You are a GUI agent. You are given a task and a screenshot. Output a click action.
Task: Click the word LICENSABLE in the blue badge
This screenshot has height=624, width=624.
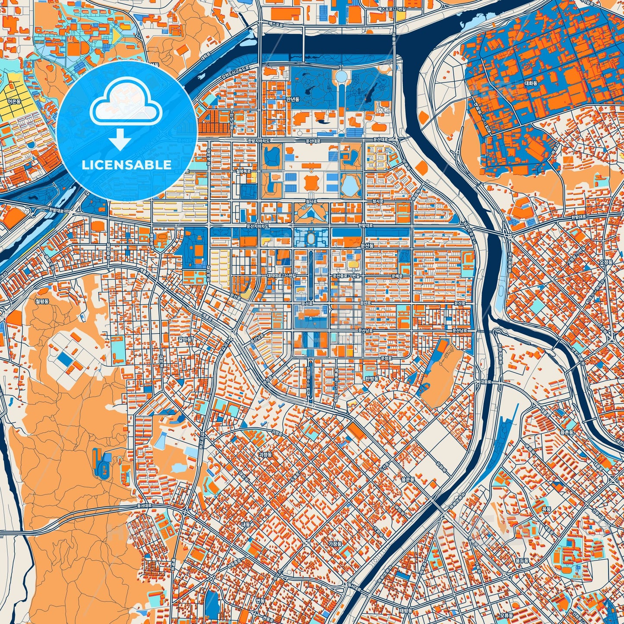point(127,165)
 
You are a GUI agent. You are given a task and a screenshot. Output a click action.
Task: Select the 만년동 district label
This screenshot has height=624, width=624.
point(292,99)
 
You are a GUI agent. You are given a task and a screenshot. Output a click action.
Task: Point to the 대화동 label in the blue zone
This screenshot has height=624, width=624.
point(531,83)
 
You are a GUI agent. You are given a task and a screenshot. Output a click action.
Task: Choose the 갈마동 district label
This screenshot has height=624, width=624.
point(184,339)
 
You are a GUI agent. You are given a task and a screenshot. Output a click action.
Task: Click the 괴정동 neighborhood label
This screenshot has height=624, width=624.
point(264,455)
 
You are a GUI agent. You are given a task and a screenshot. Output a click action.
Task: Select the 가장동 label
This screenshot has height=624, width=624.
point(335,544)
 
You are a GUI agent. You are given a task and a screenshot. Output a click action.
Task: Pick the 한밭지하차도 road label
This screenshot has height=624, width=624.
point(259,141)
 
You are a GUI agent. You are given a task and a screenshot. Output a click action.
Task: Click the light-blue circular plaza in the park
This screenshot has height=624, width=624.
point(342,76)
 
